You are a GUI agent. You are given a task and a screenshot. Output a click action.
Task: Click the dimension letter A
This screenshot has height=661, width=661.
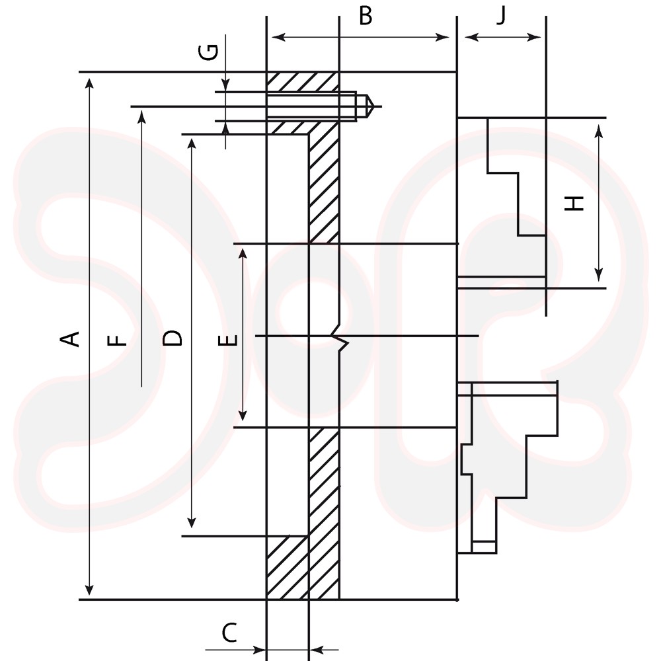[x=70, y=339]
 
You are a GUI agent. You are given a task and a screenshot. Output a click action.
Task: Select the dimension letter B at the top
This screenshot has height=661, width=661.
[x=366, y=16]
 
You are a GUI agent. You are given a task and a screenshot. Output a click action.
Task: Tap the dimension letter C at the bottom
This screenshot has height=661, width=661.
[x=229, y=633]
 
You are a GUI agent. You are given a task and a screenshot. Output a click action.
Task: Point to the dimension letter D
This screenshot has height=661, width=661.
[x=173, y=338]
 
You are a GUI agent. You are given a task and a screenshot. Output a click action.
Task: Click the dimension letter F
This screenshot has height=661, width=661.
[x=117, y=340]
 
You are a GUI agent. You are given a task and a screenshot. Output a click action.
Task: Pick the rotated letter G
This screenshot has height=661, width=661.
[x=209, y=52]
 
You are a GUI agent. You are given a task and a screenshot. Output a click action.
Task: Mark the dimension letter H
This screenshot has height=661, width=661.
[x=574, y=204]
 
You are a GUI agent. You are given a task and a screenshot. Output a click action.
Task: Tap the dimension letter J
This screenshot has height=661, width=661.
[x=501, y=16]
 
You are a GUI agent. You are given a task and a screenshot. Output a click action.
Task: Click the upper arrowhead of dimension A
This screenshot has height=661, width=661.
[x=89, y=83]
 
